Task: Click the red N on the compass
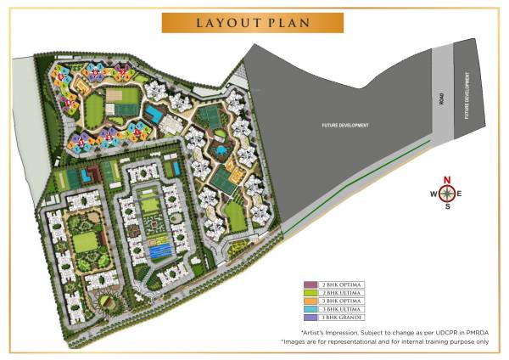(447, 179)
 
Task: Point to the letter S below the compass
(447, 206)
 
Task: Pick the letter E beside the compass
(460, 194)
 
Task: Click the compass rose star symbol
(446, 194)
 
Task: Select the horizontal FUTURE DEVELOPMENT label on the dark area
(345, 126)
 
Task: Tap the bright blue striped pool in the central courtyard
(159, 250)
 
